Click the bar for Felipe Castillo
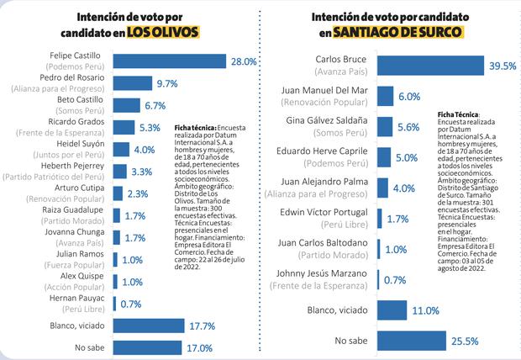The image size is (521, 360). pyautogui.click(x=169, y=61)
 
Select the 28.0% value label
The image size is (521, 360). pyautogui.click(x=244, y=61)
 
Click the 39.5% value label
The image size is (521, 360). pyautogui.click(x=502, y=66)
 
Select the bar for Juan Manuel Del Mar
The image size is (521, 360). pyautogui.click(x=386, y=97)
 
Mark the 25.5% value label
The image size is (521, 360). pyautogui.click(x=465, y=341)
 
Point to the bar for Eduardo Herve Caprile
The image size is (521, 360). pyautogui.click(x=384, y=157)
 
